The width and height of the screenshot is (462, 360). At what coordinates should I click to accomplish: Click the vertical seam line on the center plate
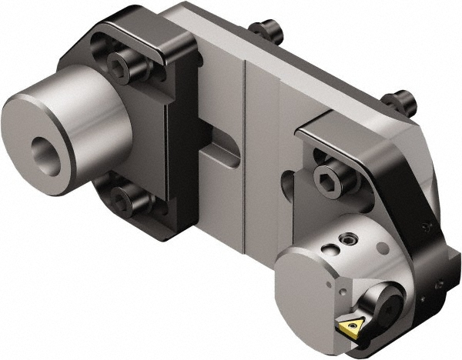pos(244,154)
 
